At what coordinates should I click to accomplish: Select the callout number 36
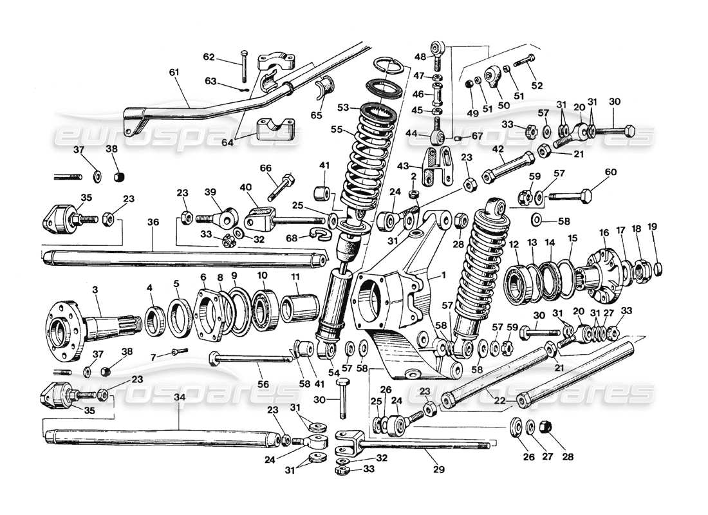coord(153,223)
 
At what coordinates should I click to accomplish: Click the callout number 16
coord(603,232)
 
